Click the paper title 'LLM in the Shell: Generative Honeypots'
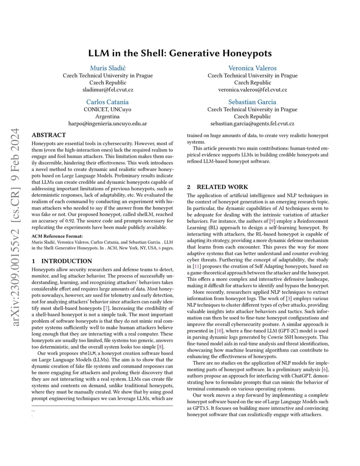(x=180, y=53)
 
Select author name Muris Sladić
(x=107, y=68)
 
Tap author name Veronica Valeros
(x=252, y=68)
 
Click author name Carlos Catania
(x=107, y=102)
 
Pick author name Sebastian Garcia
(x=252, y=102)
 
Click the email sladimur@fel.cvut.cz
(x=107, y=90)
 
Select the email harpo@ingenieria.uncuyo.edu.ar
(x=107, y=123)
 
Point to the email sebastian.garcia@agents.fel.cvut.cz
(x=252, y=123)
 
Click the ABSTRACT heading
(x=49, y=135)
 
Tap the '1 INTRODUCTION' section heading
(x=62, y=261)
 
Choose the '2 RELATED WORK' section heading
(x=217, y=187)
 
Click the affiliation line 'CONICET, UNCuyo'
(x=107, y=110)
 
